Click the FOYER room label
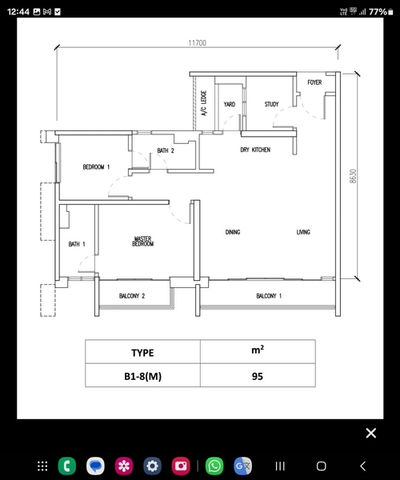click(314, 82)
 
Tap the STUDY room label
click(271, 104)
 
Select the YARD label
click(230, 104)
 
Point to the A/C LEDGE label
click(204, 103)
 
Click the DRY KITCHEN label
click(255, 150)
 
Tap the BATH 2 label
click(166, 150)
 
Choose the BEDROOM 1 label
click(96, 167)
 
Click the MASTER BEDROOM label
click(143, 242)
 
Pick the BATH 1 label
click(77, 244)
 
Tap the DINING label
click(233, 232)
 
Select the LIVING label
click(303, 232)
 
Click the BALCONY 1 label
click(269, 296)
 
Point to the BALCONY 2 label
click(132, 296)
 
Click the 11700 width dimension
click(198, 43)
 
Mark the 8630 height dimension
click(353, 176)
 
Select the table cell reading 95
click(258, 375)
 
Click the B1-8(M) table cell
click(143, 375)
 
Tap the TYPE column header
click(143, 352)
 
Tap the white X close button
click(371, 433)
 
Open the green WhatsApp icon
click(214, 466)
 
